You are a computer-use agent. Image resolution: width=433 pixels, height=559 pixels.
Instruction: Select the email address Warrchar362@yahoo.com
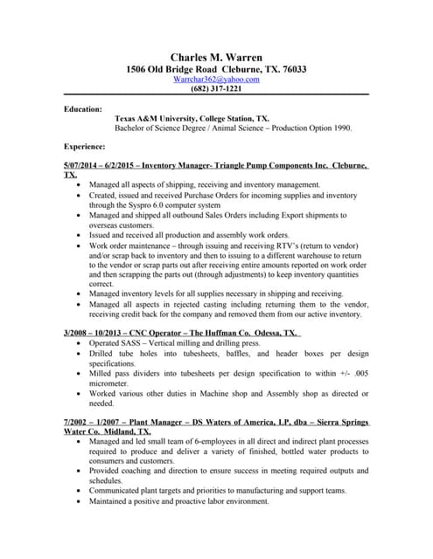[x=216, y=79]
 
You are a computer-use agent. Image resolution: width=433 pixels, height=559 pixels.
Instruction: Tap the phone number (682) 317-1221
[x=216, y=89]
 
